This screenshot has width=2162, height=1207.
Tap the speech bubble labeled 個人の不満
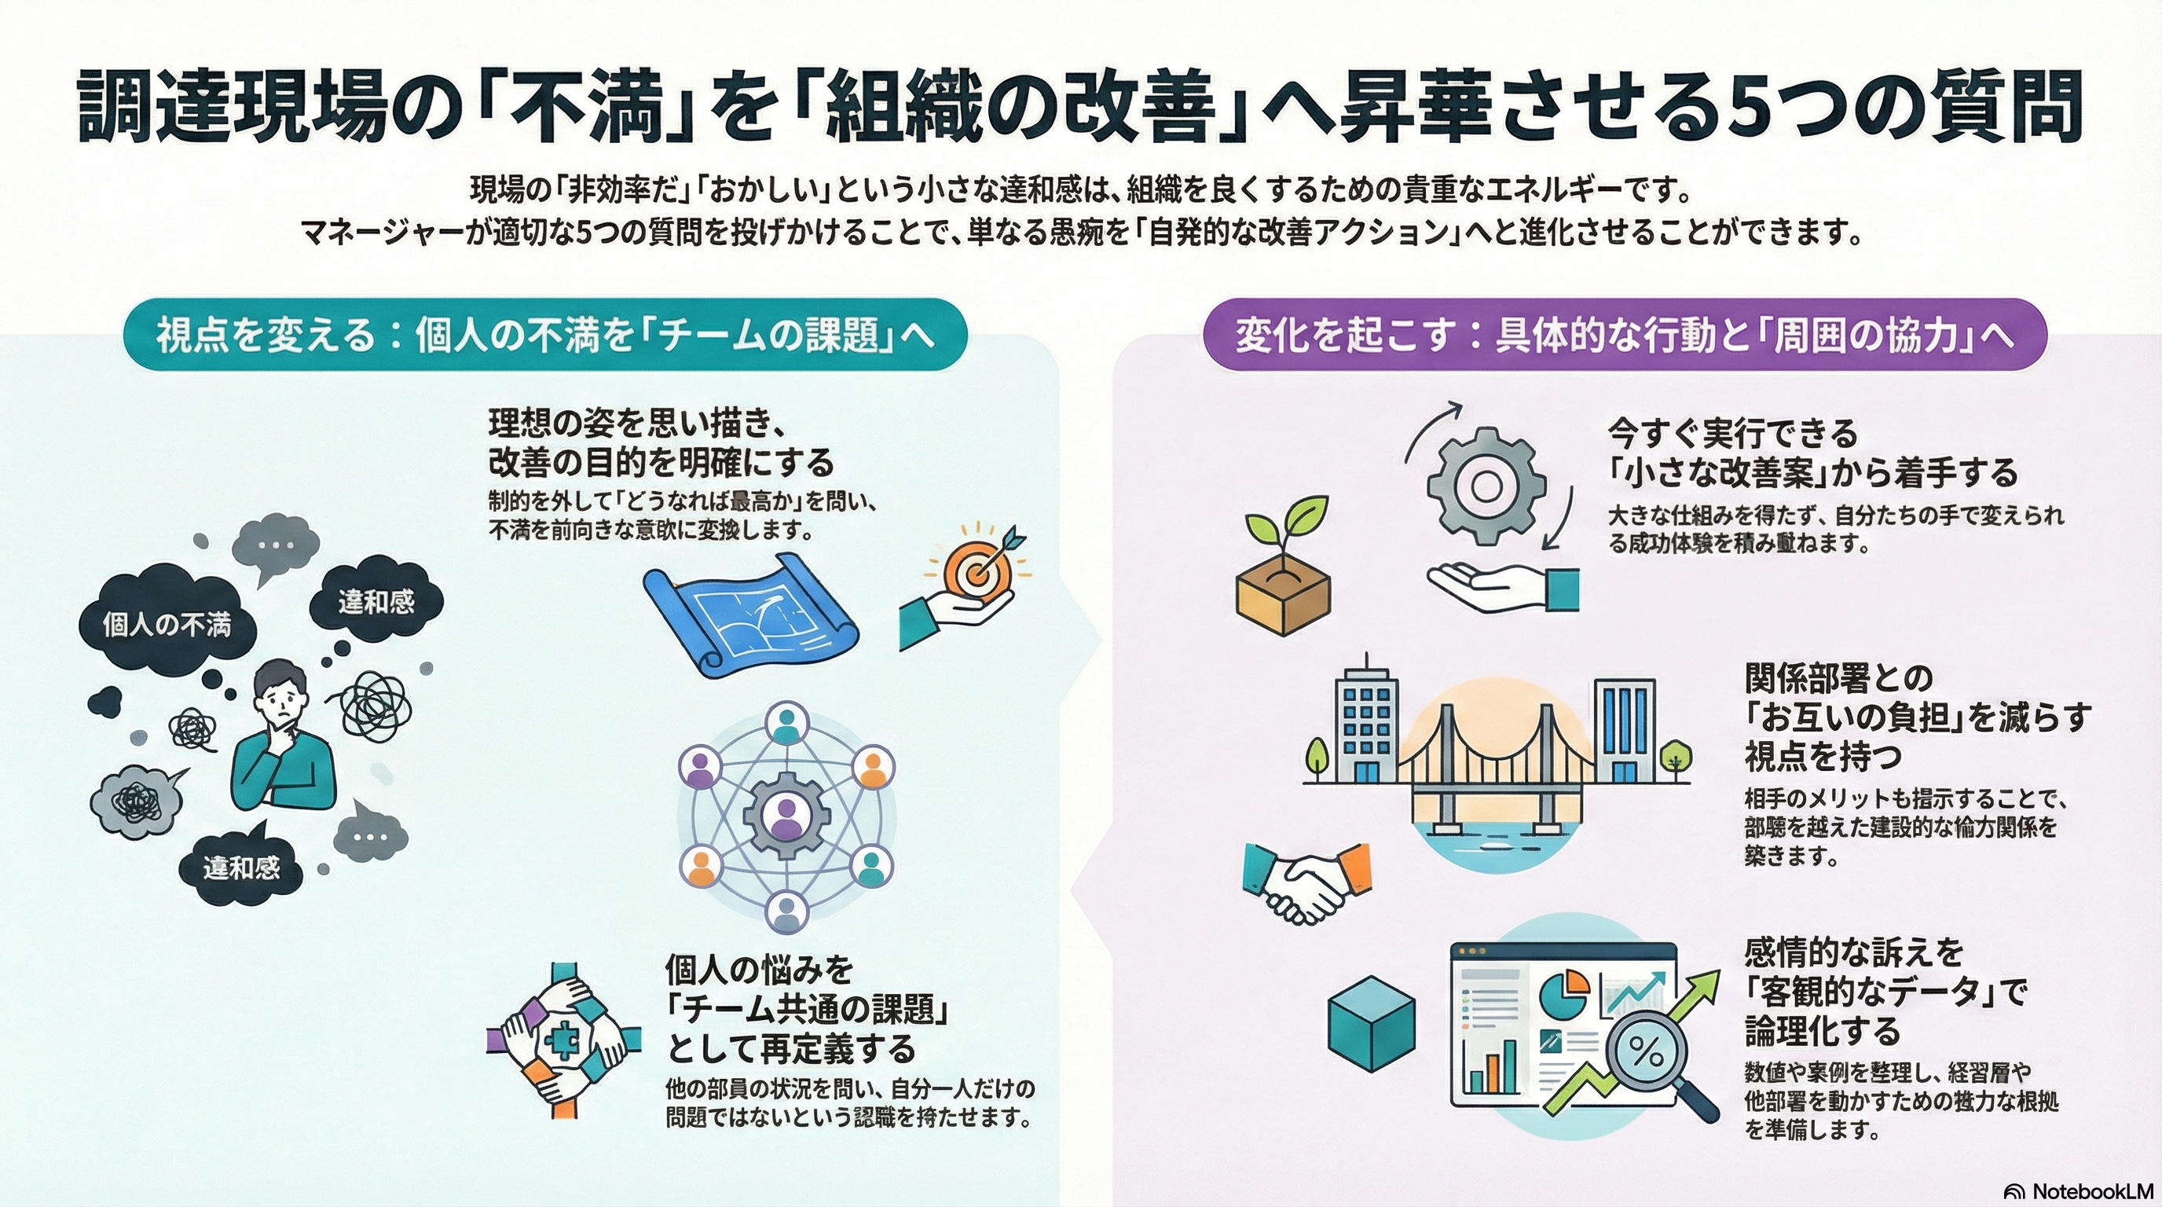167,625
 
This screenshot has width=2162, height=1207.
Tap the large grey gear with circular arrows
1486,484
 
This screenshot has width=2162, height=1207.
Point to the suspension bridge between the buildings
1495,764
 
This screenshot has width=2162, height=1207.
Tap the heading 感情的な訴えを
1855,952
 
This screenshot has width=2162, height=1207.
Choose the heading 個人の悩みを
760,970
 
